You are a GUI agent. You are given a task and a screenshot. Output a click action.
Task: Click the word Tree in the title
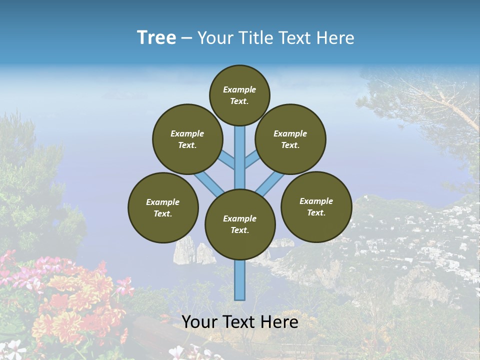[156, 37]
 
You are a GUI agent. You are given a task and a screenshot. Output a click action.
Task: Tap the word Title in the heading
[255, 38]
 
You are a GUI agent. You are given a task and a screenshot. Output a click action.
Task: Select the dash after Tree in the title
[186, 38]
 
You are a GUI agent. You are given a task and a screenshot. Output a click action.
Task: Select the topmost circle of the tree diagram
[239, 95]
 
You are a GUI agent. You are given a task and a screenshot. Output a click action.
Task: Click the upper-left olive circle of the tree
[187, 139]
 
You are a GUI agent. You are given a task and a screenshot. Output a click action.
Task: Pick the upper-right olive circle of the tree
[290, 139]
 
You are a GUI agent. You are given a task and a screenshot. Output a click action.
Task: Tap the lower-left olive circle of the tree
[163, 207]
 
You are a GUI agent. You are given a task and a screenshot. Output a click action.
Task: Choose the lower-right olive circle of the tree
[316, 206]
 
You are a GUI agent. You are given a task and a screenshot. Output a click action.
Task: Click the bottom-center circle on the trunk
[240, 224]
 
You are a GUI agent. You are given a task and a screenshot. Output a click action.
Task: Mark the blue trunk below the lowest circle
[240, 280]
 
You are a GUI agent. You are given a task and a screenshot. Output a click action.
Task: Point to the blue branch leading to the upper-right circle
[252, 160]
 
